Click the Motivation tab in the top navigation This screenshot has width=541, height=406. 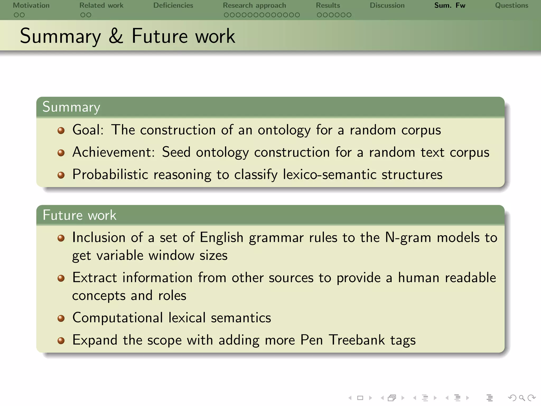point(31,5)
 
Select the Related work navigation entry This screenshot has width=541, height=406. point(101,5)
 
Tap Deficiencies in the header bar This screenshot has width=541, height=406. point(173,5)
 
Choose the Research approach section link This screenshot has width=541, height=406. point(254,5)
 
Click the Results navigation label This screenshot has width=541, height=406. point(328,5)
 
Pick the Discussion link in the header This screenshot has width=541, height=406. point(387,5)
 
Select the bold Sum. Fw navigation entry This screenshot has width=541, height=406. point(450,5)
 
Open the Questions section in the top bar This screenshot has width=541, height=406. point(511,5)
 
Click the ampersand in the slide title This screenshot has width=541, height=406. point(116,36)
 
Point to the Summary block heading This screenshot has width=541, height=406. point(71,107)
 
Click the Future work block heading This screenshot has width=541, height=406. point(79,215)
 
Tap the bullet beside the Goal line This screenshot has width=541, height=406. point(61,131)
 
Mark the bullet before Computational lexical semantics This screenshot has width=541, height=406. point(61,318)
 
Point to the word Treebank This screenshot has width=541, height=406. point(357,340)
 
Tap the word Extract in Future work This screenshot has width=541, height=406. point(94,278)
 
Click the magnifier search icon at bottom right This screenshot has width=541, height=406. point(522,398)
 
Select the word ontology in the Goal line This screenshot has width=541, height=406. point(284,130)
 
